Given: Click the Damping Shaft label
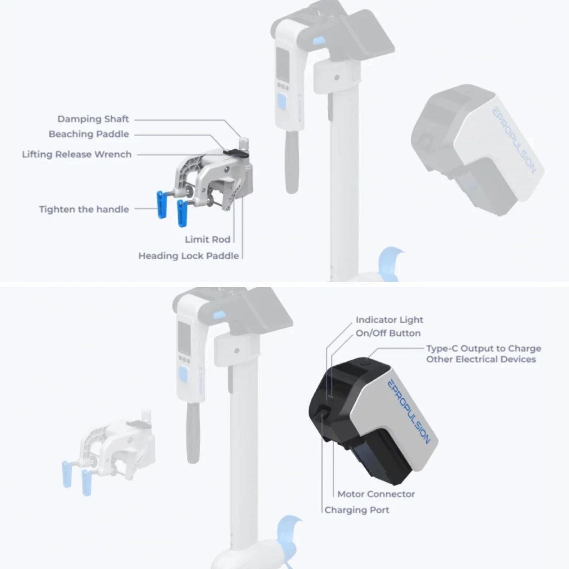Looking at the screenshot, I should coord(93,119).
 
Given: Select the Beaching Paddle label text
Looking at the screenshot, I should coord(89,134).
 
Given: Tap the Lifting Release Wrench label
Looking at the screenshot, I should coord(76,155).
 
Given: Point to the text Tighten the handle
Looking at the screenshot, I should coord(84,209).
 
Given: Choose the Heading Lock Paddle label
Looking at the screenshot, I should coord(188,256).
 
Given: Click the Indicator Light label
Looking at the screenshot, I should coord(389,320).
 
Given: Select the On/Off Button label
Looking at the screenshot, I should coord(388,333).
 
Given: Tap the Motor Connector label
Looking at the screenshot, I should coord(376,494).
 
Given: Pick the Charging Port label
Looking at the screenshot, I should coord(357,510).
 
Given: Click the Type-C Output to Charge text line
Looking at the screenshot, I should coord(483,349).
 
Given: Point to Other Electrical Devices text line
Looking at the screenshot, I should coord(481,359).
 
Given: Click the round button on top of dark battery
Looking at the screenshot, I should coord(369,362).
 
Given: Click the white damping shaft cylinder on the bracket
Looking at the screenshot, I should coord(243,144).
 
